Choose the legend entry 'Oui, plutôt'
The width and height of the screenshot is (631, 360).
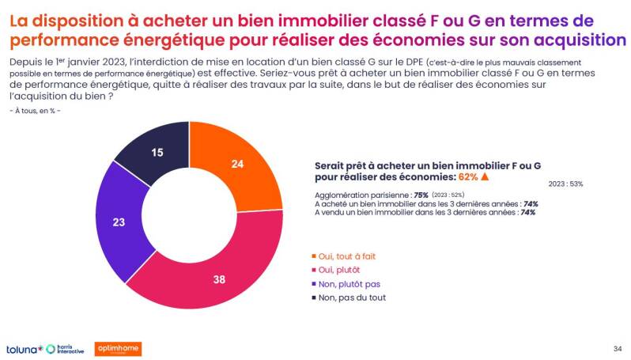[x=341, y=269]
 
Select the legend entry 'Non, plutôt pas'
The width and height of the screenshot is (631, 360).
[x=350, y=283]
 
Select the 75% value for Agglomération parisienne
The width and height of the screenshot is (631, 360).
[x=421, y=195]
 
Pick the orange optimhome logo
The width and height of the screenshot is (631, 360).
[x=118, y=349]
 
